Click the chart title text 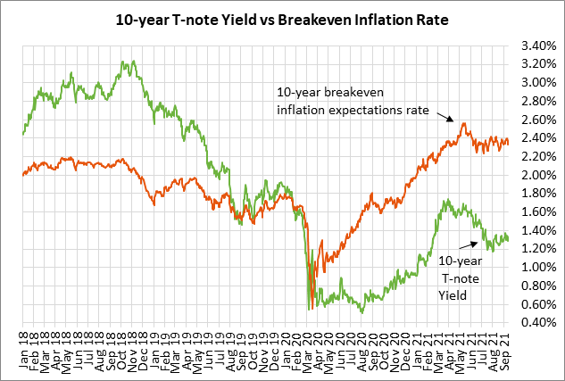pyautogui.click(x=282, y=17)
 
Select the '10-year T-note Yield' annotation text pyautogui.click(x=464, y=276)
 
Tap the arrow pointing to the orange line pyautogui.click(x=445, y=116)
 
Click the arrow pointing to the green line pyautogui.click(x=464, y=243)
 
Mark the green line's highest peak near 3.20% pyautogui.click(x=131, y=62)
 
